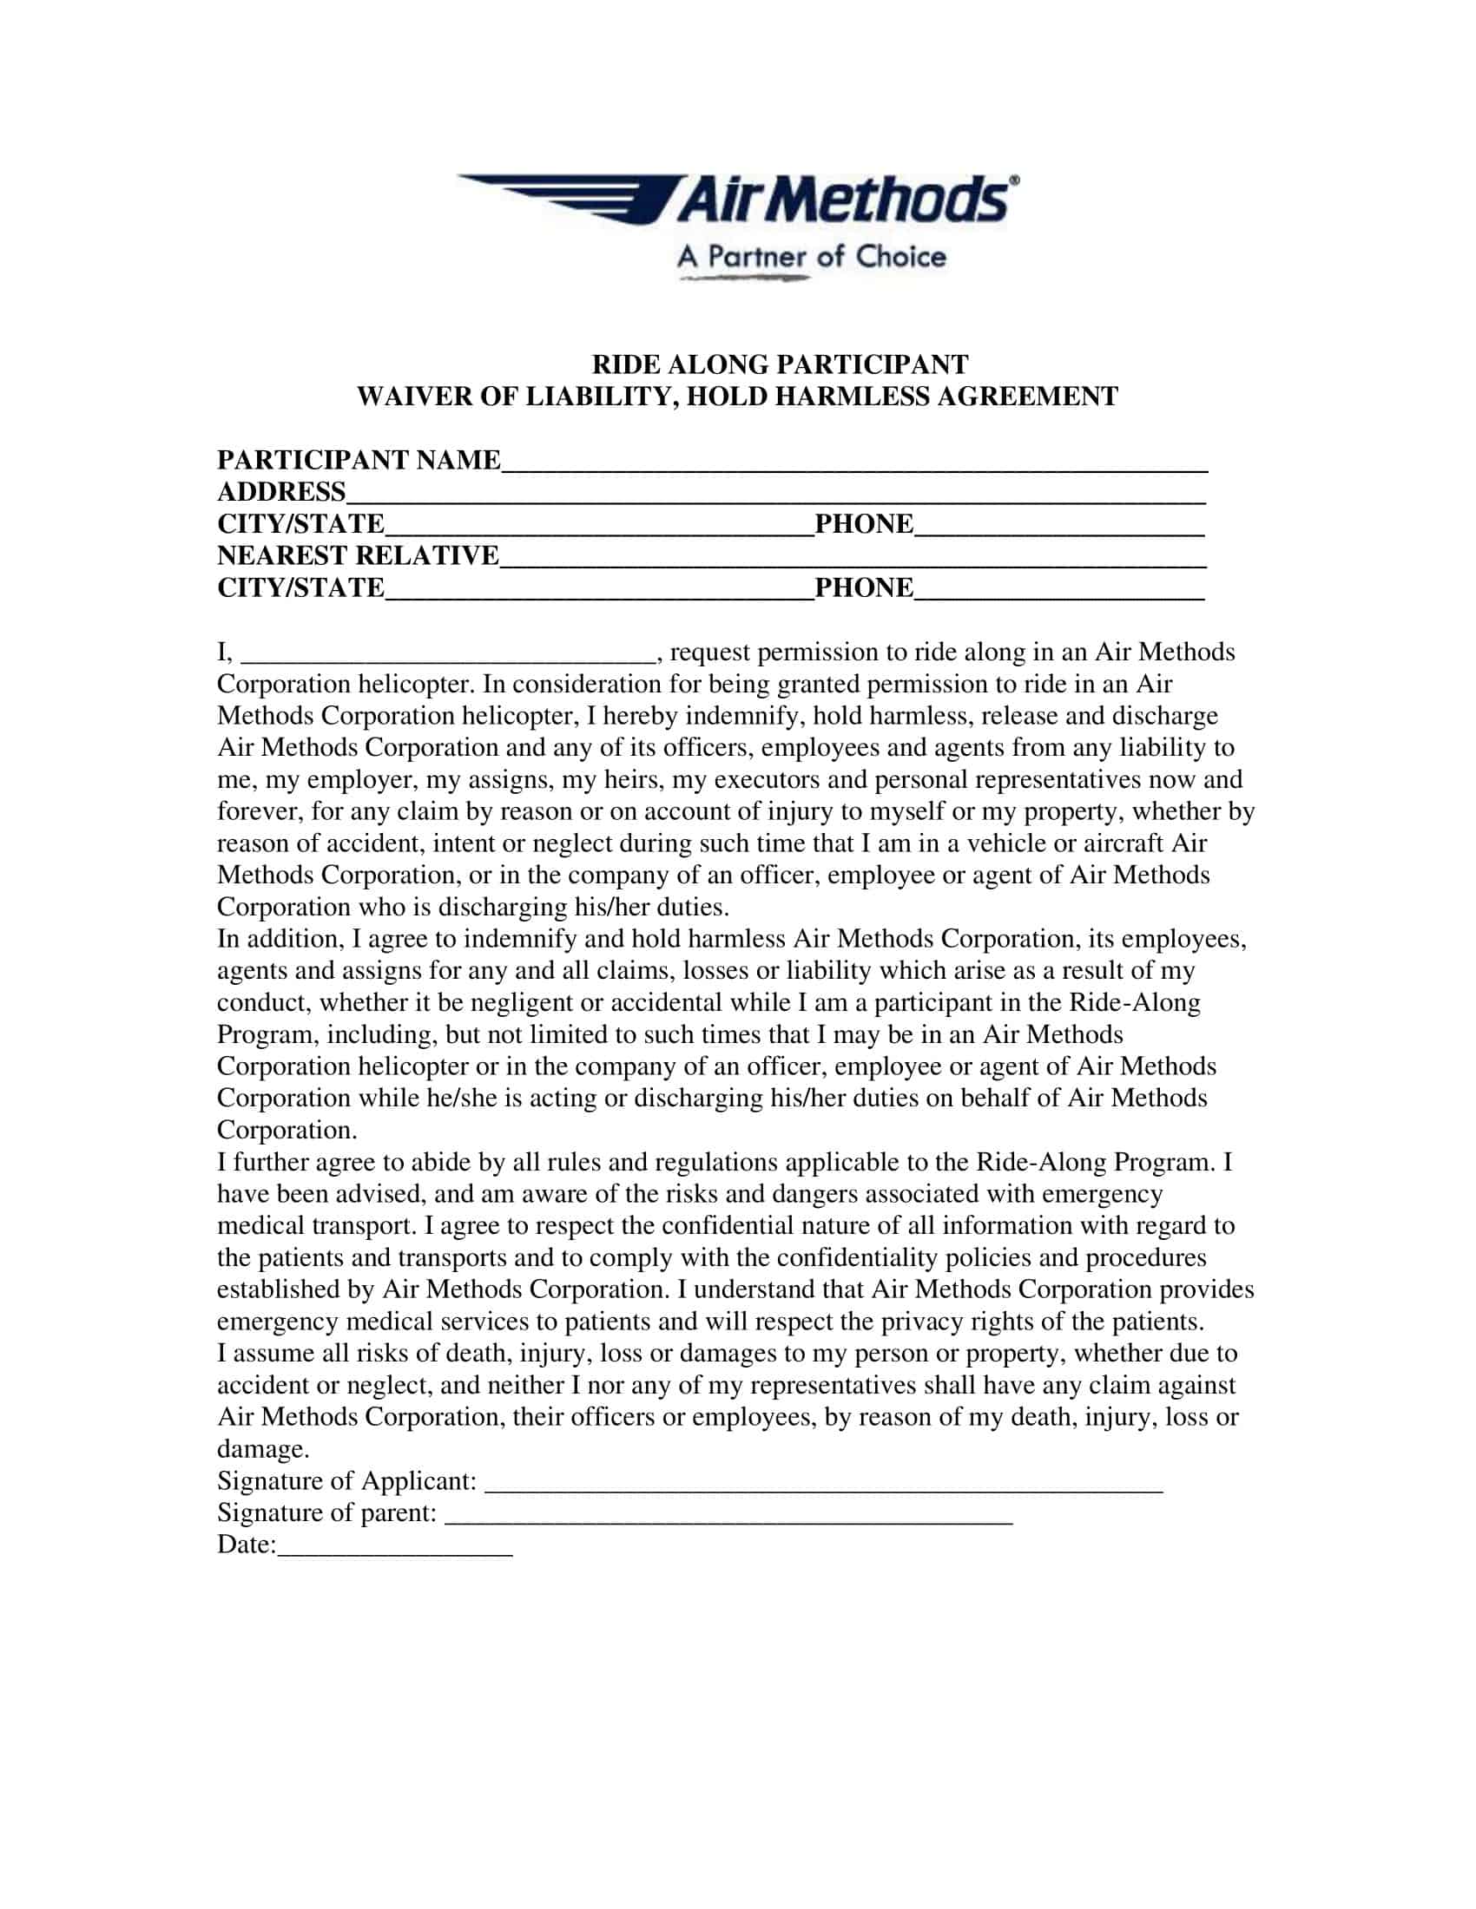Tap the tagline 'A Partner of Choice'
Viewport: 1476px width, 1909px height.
[812, 257]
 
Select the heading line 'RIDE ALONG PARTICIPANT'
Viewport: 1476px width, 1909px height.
[780, 364]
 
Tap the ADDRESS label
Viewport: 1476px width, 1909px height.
[281, 491]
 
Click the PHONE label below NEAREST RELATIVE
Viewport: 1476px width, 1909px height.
[864, 587]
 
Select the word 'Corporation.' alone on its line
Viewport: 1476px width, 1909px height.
[287, 1130]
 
